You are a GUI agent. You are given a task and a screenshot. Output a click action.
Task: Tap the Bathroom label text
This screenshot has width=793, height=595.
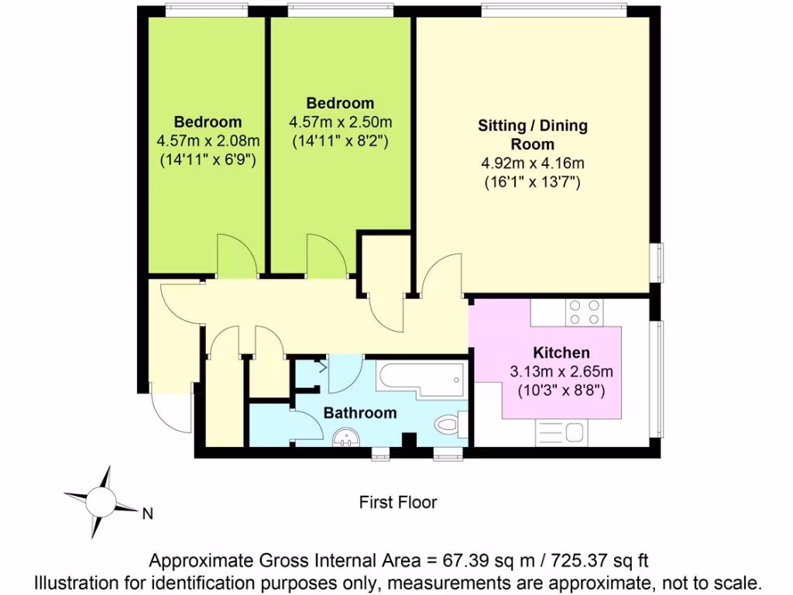(x=360, y=413)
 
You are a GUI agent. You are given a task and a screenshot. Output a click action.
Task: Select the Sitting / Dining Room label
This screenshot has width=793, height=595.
(x=533, y=135)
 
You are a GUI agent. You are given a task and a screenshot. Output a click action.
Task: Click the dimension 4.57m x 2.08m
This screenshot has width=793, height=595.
(x=208, y=141)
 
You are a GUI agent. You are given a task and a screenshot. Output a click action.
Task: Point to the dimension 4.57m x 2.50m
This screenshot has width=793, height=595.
(x=340, y=122)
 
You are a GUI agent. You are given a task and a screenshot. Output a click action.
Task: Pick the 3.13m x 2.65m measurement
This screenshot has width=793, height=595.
(x=561, y=371)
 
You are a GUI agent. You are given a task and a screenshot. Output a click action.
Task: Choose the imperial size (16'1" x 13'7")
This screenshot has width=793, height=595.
(x=533, y=183)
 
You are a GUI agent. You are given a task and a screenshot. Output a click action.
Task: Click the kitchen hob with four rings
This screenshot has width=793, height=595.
(x=585, y=312)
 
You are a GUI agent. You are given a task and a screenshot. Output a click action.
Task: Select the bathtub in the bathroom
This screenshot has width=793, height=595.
(x=421, y=378)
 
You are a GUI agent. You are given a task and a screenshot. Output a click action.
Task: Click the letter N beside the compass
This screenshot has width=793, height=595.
(x=147, y=513)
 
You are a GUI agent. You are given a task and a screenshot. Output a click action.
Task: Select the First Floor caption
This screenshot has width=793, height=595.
(x=398, y=502)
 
